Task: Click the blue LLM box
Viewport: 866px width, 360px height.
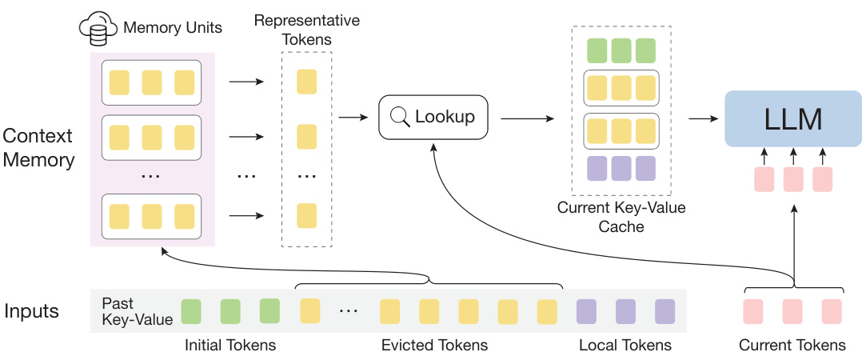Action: [792, 118]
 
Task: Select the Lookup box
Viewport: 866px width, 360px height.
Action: [433, 117]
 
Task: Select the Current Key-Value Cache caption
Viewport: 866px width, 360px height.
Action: [621, 217]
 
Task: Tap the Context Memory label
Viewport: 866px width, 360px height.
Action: [38, 147]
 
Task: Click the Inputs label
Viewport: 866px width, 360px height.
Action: [31, 310]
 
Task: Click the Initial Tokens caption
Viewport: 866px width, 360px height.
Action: [230, 345]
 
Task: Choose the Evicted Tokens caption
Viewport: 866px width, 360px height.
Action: [433, 345]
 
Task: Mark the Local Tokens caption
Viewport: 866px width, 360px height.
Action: [625, 345]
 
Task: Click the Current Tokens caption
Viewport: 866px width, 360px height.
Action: [792, 345]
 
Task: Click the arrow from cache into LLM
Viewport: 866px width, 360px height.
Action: [701, 118]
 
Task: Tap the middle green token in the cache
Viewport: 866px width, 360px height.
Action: [621, 50]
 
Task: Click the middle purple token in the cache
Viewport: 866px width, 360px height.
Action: [621, 168]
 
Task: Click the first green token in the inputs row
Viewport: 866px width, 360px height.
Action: [191, 310]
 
